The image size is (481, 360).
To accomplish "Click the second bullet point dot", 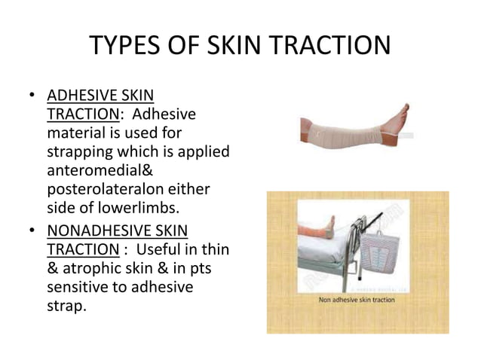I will [x=32, y=231].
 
